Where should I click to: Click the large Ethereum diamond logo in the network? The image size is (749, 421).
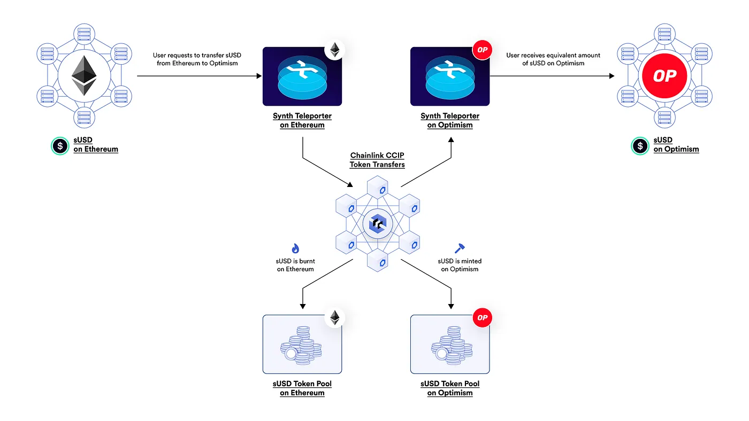(x=84, y=76)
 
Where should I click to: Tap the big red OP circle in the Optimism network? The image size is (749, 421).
(x=664, y=76)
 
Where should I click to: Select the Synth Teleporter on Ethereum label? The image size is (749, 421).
(x=302, y=120)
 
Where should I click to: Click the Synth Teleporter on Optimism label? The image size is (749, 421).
(x=450, y=120)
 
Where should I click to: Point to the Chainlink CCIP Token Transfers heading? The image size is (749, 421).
(x=377, y=160)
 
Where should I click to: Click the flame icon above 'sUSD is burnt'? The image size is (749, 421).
(x=295, y=248)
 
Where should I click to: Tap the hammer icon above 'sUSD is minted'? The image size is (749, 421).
(x=460, y=248)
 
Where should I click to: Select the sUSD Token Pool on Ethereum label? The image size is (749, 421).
(x=302, y=388)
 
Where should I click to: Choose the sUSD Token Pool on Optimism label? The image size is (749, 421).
(x=450, y=388)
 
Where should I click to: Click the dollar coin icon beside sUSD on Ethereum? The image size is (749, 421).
(x=60, y=146)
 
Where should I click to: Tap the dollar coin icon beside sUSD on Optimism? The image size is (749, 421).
(x=640, y=146)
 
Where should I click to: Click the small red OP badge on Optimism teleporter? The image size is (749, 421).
(x=482, y=50)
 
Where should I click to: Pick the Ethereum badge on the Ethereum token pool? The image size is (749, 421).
(x=335, y=317)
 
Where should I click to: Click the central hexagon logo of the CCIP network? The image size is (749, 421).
(x=378, y=223)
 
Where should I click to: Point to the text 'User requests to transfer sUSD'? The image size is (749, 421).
(x=197, y=55)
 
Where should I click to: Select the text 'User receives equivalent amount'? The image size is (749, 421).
(x=553, y=55)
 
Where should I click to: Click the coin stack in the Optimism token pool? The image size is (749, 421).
(x=452, y=346)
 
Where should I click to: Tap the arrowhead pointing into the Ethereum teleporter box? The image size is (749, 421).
(x=259, y=76)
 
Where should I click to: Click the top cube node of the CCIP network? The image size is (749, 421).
(x=378, y=187)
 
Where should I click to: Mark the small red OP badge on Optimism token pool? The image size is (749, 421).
(x=482, y=317)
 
